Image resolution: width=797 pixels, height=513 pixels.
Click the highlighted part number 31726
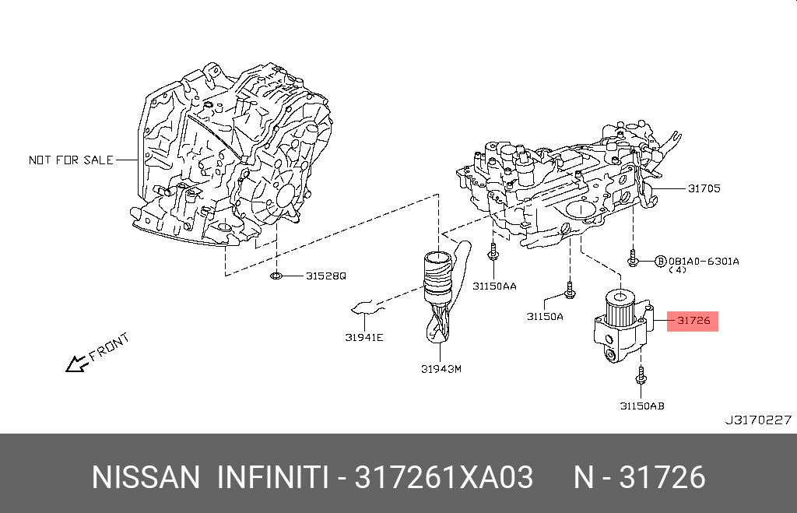[x=693, y=320]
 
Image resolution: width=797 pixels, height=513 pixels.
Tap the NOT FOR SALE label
[x=71, y=160]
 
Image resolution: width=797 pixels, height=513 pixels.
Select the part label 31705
[x=704, y=188]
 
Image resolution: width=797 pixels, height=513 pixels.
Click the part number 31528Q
[x=325, y=276]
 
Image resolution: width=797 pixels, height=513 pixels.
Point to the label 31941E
[x=364, y=337]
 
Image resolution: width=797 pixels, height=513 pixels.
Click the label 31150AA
[x=494, y=286]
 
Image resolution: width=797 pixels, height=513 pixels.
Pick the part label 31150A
[x=544, y=316]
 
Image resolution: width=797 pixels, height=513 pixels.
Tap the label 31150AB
[x=642, y=405]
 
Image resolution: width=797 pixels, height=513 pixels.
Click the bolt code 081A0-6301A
[x=704, y=261]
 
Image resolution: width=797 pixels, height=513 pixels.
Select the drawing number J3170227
[x=758, y=420]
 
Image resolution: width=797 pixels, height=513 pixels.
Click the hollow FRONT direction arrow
[x=76, y=363]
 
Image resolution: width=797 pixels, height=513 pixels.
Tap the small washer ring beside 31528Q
[x=276, y=276]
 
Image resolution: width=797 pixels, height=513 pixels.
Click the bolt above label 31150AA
[x=493, y=253]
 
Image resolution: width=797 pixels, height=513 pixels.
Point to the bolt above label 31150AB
[x=641, y=376]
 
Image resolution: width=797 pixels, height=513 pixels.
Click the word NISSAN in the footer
[x=146, y=477]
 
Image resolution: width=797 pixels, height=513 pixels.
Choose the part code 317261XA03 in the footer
[x=444, y=477]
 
